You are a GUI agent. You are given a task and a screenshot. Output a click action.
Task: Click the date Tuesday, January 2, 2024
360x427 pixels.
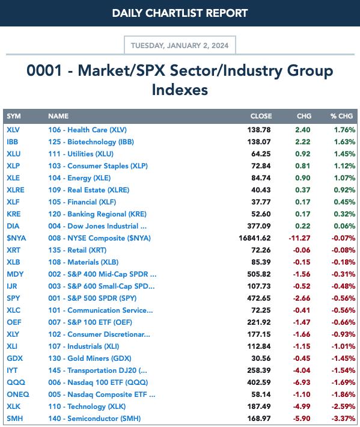pos(180,46)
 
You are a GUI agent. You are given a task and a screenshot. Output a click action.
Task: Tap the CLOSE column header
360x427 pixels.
pos(261,116)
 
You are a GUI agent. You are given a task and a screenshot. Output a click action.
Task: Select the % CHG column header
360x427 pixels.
pos(341,116)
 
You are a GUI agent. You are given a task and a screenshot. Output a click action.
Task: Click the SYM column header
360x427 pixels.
pos(14,116)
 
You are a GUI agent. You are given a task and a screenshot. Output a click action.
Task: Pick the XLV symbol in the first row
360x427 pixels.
pos(13,130)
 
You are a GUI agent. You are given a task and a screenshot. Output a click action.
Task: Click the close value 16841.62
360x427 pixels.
pos(255,238)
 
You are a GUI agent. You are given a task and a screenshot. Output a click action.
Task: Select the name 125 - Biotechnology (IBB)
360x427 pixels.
pos(91,142)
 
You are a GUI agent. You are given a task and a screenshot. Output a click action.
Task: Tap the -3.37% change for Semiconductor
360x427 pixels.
pos(343,419)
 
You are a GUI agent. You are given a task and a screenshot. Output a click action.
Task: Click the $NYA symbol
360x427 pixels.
pos(16,238)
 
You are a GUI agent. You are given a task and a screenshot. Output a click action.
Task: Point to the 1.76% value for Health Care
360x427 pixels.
pos(345,130)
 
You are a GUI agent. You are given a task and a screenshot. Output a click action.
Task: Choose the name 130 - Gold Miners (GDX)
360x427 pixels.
pos(90,358)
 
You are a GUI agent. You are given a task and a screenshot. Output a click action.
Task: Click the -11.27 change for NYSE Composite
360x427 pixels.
pos(299,238)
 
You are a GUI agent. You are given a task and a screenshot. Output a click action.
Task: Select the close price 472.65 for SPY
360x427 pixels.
pos(259,298)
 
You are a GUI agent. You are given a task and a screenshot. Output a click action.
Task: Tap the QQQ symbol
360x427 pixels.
pos(16,382)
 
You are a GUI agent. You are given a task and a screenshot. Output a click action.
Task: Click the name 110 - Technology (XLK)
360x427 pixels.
pos(87,407)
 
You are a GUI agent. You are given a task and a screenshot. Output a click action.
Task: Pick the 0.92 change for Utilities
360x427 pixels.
pos(302,154)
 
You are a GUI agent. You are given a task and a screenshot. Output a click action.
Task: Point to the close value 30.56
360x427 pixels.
pos(261,358)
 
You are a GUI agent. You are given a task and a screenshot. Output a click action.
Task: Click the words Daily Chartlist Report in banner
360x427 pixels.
pos(180,13)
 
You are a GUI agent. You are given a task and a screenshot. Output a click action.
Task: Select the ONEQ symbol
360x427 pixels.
pos(18,395)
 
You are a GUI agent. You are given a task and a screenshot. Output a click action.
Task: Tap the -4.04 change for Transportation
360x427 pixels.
pos(302,370)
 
